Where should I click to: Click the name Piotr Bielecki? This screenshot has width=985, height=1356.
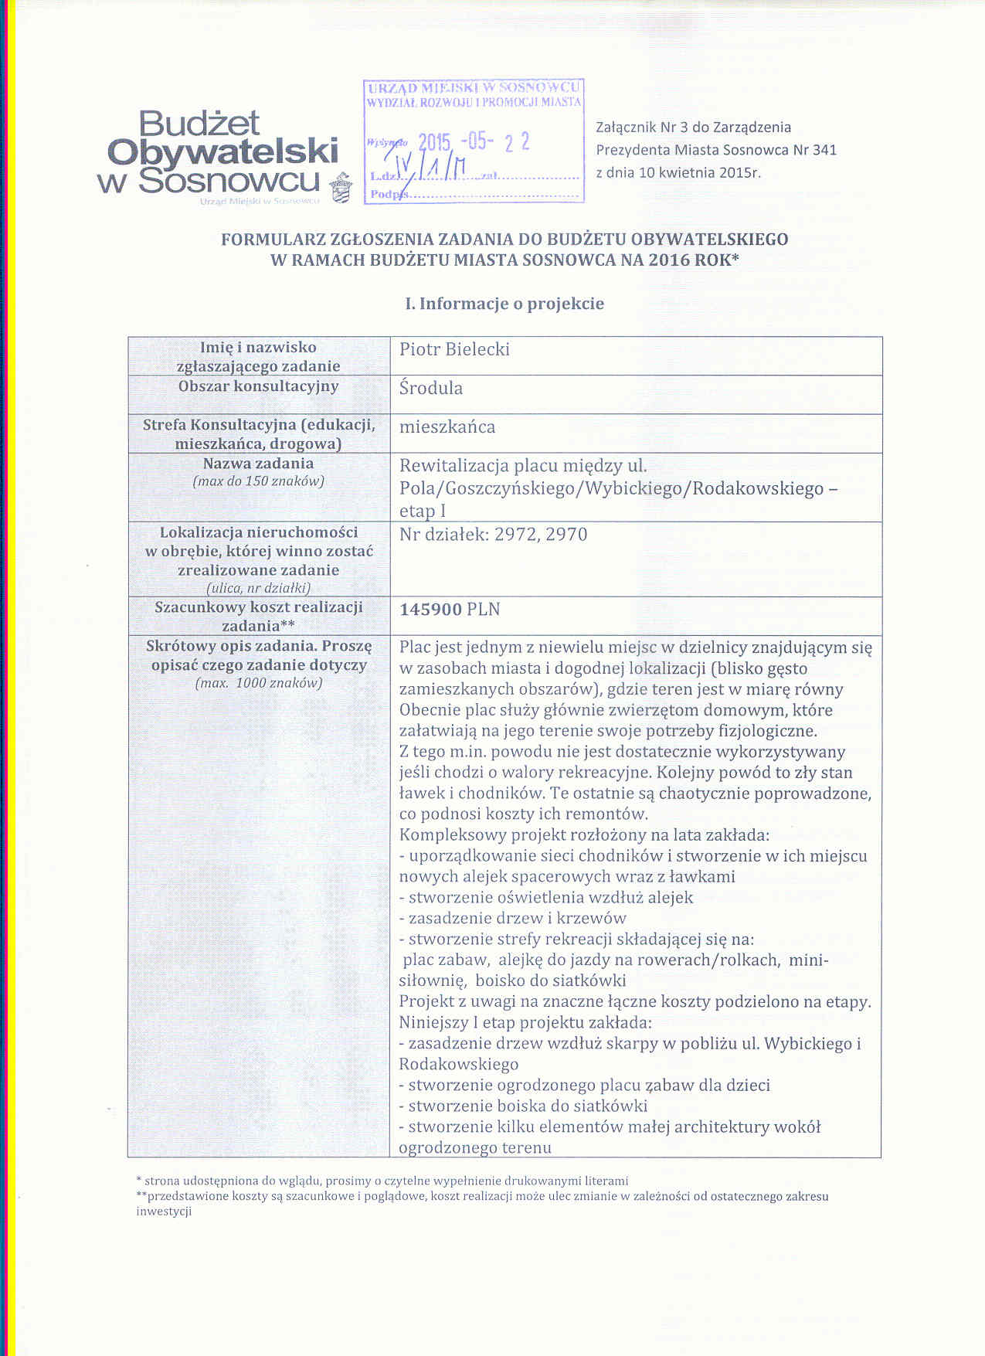pos(454,349)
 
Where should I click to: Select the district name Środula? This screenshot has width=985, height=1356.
pos(431,388)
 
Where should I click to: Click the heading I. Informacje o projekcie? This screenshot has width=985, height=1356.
pos(504,304)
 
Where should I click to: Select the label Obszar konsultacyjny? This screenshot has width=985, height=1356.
pos(258,386)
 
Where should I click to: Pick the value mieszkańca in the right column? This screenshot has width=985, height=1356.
pos(447,427)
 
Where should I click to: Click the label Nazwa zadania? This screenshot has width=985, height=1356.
pos(258,464)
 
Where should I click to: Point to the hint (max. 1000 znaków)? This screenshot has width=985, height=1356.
pos(258,683)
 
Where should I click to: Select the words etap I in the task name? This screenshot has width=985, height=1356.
pos(423,511)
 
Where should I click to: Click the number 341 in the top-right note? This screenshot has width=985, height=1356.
pos(824,150)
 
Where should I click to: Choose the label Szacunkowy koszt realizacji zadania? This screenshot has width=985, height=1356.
pos(258,616)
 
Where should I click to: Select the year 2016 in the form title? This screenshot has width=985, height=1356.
pos(670,260)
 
